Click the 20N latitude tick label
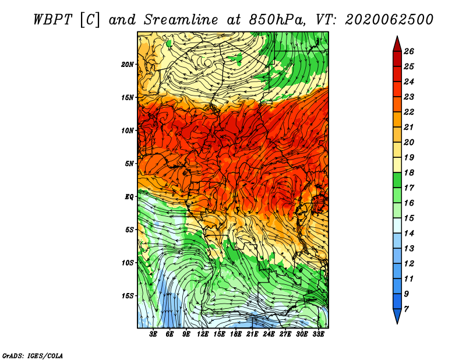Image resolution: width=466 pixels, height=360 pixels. click(x=128, y=65)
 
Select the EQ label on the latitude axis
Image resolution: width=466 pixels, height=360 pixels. click(x=129, y=197)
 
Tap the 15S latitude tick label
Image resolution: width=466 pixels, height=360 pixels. click(x=128, y=296)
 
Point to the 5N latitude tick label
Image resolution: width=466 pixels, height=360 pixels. click(x=129, y=164)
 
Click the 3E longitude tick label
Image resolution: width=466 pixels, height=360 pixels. click(x=153, y=334)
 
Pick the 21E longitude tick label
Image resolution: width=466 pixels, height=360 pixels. click(x=252, y=334)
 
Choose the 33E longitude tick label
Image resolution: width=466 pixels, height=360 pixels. click(x=318, y=334)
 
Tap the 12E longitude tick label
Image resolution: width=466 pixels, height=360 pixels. click(x=203, y=334)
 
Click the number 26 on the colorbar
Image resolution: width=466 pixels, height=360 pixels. click(x=409, y=51)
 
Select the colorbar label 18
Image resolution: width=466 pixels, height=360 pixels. click(x=409, y=172)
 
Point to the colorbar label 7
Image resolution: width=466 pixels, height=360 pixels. click(x=406, y=309)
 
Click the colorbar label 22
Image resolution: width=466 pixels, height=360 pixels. click(x=409, y=112)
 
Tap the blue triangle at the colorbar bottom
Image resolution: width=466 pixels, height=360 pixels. click(x=397, y=315)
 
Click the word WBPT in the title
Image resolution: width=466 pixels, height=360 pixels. click(x=53, y=20)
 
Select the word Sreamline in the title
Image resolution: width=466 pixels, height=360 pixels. click(x=181, y=20)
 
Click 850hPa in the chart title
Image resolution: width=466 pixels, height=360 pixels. click(x=277, y=20)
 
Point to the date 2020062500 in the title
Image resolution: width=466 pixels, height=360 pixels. click(x=389, y=20)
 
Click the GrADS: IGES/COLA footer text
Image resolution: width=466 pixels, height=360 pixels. click(x=33, y=356)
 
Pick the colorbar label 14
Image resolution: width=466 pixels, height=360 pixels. click(x=409, y=234)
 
